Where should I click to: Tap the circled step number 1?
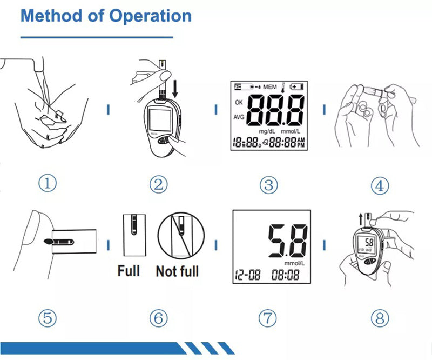point(48,184)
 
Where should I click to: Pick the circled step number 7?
point(267,318)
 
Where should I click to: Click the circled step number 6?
point(158,318)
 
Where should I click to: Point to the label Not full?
point(177,271)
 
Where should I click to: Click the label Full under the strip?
point(129,270)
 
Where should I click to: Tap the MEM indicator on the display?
point(270,86)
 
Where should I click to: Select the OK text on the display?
point(239,102)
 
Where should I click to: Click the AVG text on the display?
point(239,117)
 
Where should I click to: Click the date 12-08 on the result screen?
point(247,275)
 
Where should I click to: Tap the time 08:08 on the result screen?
point(286,275)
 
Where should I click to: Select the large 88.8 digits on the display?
point(276,110)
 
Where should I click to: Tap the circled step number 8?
point(380,318)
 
